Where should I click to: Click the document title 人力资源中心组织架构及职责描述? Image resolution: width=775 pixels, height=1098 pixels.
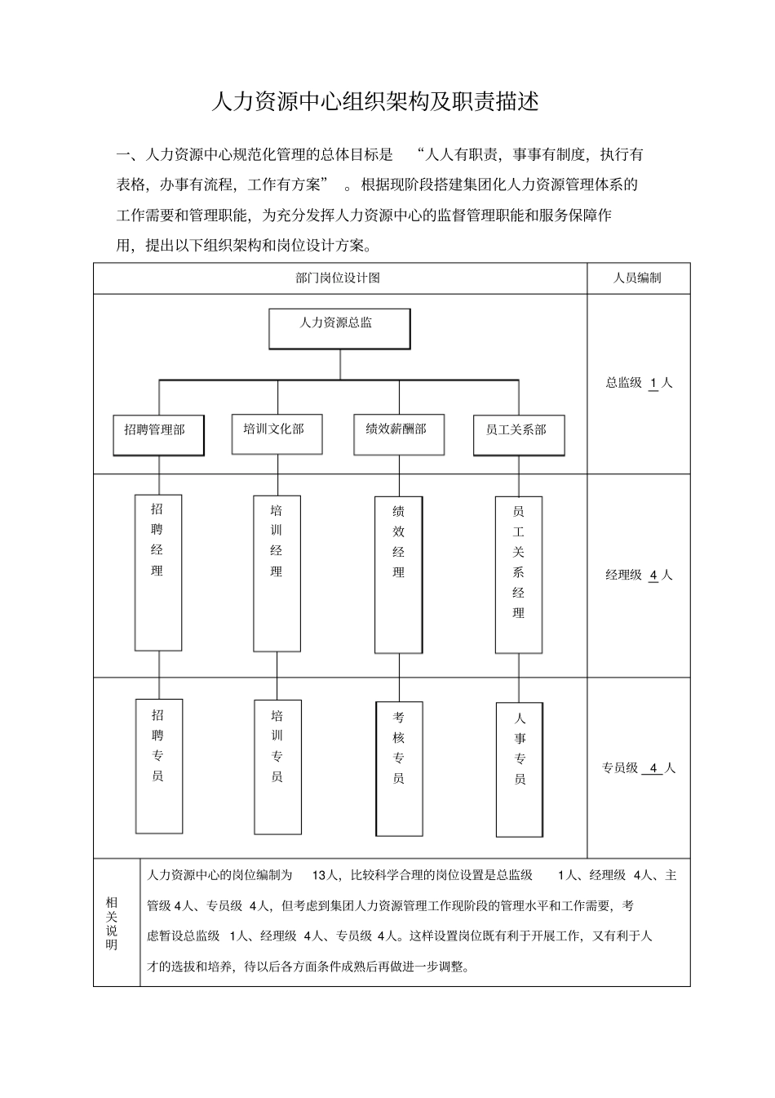(375, 102)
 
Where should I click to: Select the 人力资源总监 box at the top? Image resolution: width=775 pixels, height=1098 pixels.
(339, 328)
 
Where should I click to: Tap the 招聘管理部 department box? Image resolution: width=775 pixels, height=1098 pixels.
(158, 435)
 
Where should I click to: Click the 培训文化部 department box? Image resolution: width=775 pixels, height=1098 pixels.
(277, 433)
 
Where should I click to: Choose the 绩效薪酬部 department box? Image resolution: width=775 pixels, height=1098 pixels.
(399, 433)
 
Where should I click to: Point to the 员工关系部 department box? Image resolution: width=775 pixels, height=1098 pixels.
(519, 435)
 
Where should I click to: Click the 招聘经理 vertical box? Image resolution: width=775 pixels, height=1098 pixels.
(158, 572)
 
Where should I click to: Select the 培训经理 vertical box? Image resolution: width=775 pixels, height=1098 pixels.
(277, 573)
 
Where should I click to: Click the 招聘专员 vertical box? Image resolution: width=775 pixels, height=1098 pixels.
(158, 766)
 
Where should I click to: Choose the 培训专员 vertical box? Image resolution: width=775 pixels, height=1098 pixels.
(277, 767)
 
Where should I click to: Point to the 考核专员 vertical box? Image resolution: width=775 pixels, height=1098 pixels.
(399, 768)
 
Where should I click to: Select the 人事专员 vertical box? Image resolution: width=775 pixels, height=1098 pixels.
(519, 769)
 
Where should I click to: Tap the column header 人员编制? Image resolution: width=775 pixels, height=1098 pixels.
(637, 278)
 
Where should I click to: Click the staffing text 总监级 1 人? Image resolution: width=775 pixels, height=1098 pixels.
(639, 382)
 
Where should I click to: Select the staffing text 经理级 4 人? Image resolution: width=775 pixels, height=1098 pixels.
(639, 575)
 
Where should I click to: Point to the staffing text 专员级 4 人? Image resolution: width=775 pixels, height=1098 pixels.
(639, 768)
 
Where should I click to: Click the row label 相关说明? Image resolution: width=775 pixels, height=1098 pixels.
(112, 922)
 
